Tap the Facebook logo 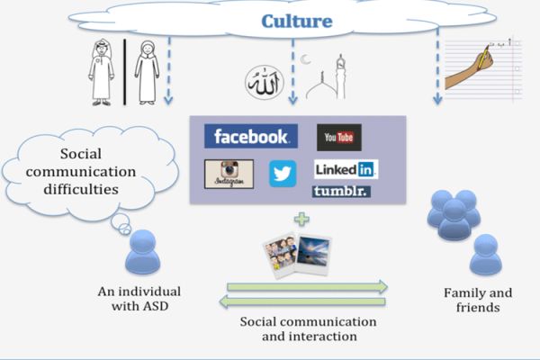coord(250,137)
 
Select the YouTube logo coord(338,138)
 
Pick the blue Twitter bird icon coord(283,173)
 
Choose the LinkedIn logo coord(345,169)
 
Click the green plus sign coord(301,218)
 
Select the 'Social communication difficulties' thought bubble coord(72,172)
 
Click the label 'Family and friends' coord(478,300)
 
